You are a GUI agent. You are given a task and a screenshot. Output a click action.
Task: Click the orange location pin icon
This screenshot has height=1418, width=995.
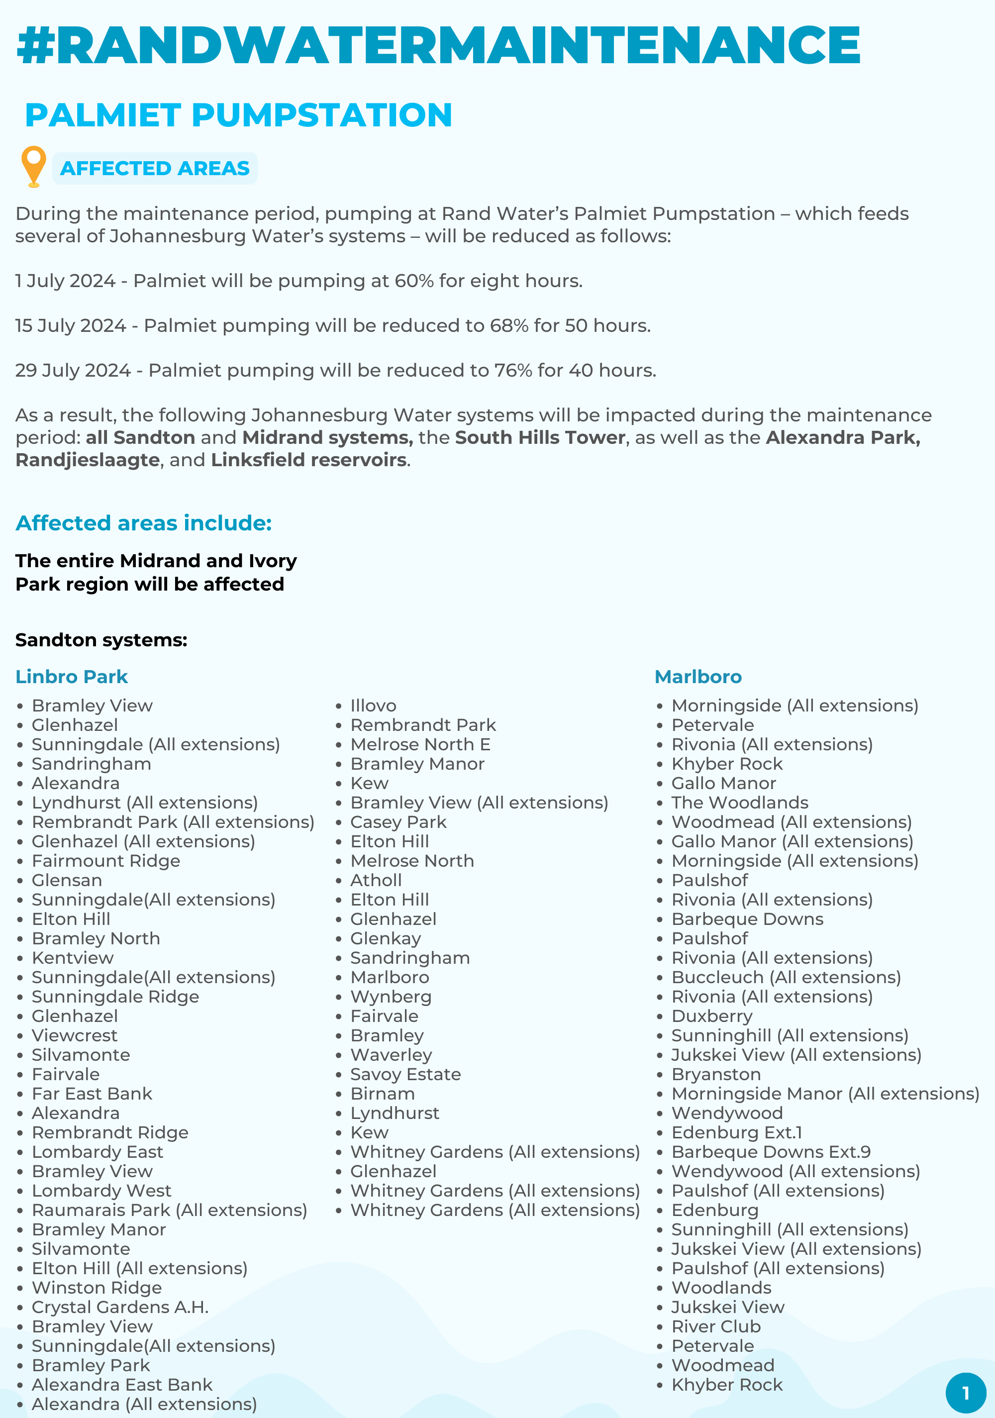point(33,166)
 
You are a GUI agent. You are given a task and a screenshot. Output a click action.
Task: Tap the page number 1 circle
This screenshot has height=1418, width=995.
point(965,1393)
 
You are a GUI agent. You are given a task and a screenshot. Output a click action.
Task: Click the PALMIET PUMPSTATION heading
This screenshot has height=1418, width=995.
point(238,115)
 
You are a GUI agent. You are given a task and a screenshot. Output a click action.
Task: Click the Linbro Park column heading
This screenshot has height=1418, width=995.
point(72,677)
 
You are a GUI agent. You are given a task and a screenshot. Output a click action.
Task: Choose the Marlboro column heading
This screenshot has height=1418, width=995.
point(698,677)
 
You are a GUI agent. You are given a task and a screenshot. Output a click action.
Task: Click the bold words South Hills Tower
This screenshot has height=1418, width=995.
point(540,437)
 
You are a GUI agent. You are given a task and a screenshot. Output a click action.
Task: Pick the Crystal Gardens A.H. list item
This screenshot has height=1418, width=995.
point(120,1307)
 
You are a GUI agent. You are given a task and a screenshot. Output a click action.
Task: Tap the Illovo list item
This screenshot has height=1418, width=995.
point(373,706)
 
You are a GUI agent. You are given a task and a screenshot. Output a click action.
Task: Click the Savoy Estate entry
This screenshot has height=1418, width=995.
point(405,1074)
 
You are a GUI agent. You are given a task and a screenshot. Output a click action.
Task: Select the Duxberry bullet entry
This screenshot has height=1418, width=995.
point(711,1016)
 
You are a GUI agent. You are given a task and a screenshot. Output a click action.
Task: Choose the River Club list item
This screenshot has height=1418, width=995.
point(716,1326)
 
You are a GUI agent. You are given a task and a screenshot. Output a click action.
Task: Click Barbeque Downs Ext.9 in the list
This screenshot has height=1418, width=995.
point(771,1152)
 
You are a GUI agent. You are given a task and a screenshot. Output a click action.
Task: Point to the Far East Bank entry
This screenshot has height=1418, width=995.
point(92,1094)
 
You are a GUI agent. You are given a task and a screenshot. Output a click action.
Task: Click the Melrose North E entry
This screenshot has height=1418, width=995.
point(420,744)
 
